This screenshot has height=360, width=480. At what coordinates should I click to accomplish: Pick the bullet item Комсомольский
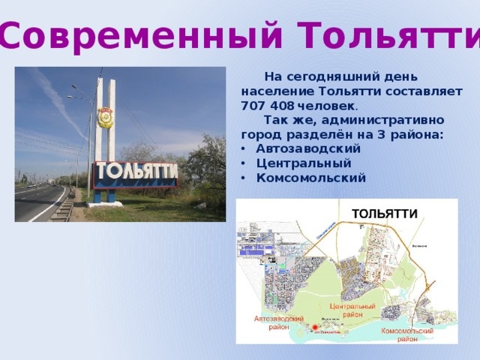[x=310, y=178]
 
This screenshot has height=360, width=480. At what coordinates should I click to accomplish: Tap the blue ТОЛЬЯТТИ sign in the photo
[x=135, y=173]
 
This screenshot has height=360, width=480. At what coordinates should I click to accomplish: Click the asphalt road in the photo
[x=37, y=202]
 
